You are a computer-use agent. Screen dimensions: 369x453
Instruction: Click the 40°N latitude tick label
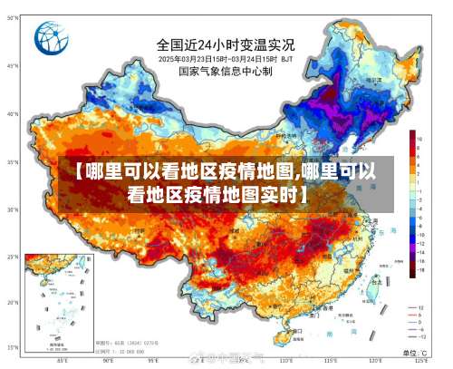(x=12, y=115)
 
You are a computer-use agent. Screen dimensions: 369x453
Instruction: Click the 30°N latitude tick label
(x=12, y=209)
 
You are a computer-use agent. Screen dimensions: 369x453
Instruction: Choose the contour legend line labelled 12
(x=417, y=308)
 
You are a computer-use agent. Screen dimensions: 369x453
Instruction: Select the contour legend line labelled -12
(x=417, y=336)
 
